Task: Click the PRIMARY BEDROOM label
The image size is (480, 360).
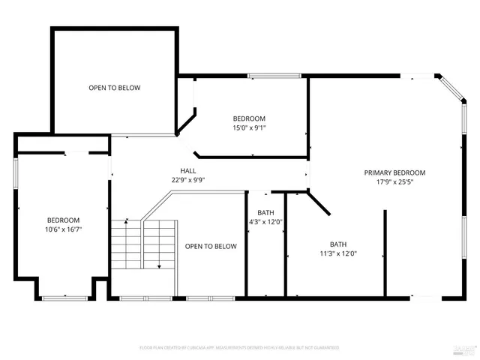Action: click(394, 172)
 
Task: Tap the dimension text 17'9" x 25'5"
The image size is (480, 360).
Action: click(394, 181)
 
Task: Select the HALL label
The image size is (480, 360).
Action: click(187, 170)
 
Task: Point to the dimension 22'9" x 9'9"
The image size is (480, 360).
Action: click(187, 179)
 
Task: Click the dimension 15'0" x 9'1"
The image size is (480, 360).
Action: click(249, 127)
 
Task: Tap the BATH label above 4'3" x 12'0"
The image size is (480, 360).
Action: click(265, 212)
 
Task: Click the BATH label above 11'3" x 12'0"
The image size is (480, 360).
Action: click(338, 244)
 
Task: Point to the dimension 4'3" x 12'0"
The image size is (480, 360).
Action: click(265, 221)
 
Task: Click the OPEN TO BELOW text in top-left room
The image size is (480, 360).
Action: click(114, 88)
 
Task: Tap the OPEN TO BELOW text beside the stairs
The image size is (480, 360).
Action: click(211, 246)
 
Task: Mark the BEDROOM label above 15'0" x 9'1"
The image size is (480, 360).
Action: click(249, 118)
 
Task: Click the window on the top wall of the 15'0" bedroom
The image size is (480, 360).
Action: click(274, 75)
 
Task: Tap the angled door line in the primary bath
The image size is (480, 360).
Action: click(319, 202)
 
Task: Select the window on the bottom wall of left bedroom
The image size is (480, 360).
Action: click(64, 298)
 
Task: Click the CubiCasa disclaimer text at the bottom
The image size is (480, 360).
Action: click(240, 348)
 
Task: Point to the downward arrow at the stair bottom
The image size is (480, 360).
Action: click(159, 265)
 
